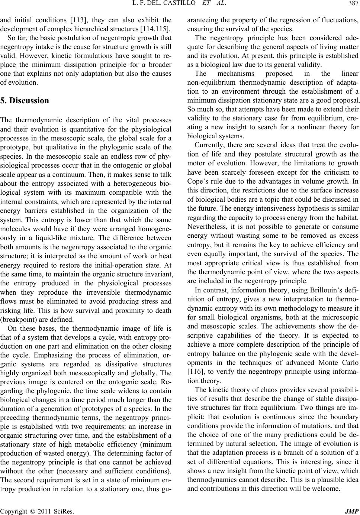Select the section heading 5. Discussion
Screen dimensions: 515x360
point(25,101)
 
